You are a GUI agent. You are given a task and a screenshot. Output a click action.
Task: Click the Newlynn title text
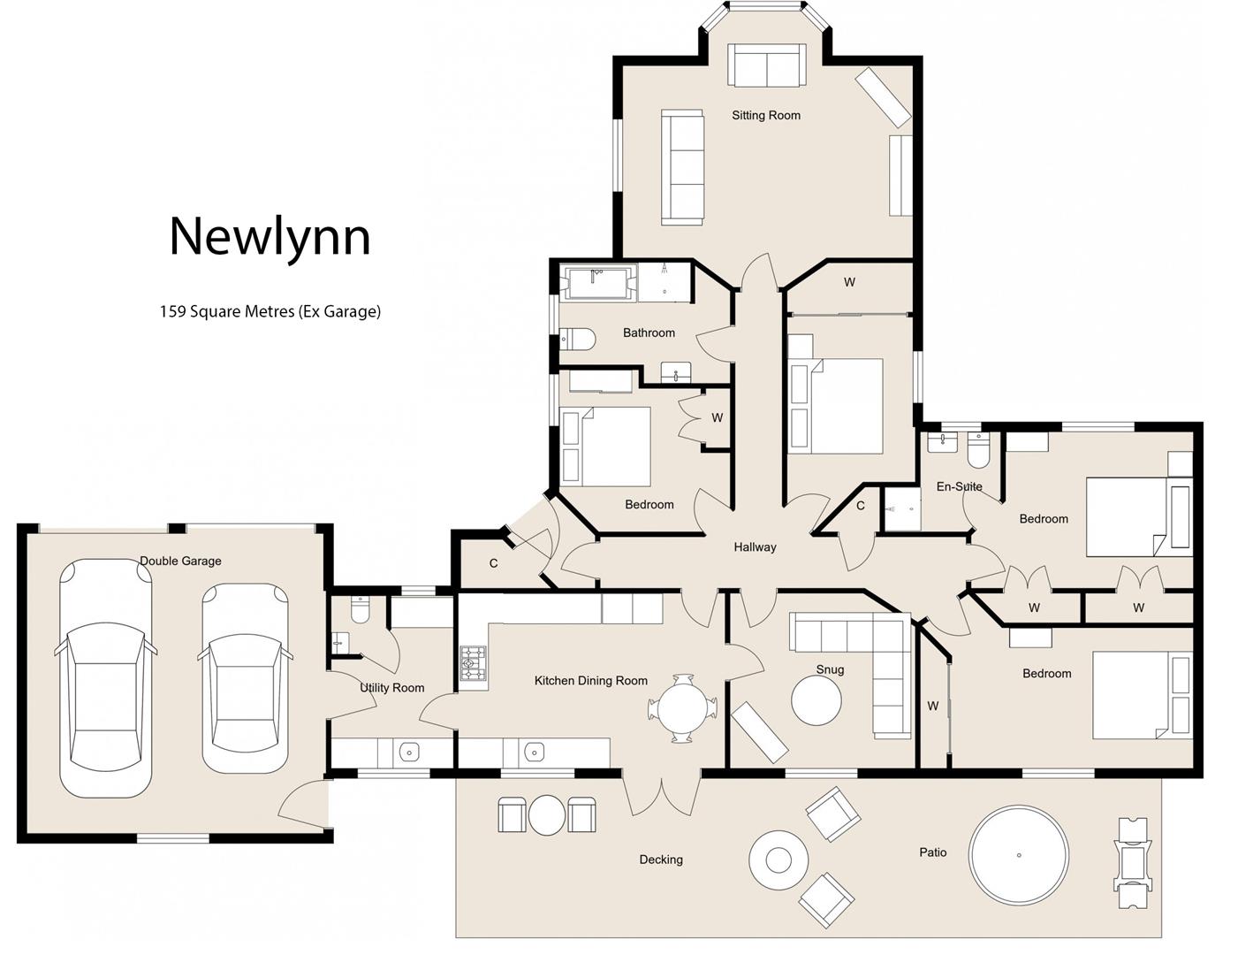tap(270, 236)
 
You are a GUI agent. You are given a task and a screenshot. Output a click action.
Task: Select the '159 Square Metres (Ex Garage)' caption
tap(270, 311)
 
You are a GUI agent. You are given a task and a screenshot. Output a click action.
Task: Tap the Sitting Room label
tap(765, 115)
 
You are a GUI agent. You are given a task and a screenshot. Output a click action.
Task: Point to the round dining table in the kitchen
tap(682, 708)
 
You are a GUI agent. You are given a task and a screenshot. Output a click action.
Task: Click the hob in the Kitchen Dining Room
tap(473, 664)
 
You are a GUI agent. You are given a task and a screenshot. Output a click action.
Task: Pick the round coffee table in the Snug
tap(816, 700)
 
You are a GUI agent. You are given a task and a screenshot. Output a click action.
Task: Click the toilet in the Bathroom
tap(577, 337)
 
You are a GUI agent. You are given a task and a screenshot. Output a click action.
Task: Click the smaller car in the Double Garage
tap(245, 678)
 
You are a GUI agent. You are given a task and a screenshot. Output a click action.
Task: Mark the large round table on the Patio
tap(1018, 855)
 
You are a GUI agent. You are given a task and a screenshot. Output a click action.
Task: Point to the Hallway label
tap(755, 547)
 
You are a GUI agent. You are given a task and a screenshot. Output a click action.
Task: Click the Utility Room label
tap(391, 687)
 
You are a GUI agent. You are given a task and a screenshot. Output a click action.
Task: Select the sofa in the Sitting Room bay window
tap(766, 65)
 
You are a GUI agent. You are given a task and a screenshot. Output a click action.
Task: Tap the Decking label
tap(661, 859)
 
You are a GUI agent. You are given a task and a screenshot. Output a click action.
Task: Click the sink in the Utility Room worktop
tap(408, 753)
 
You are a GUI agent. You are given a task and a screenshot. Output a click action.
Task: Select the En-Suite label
tap(959, 486)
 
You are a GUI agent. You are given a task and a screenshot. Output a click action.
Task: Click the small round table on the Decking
tap(546, 814)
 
